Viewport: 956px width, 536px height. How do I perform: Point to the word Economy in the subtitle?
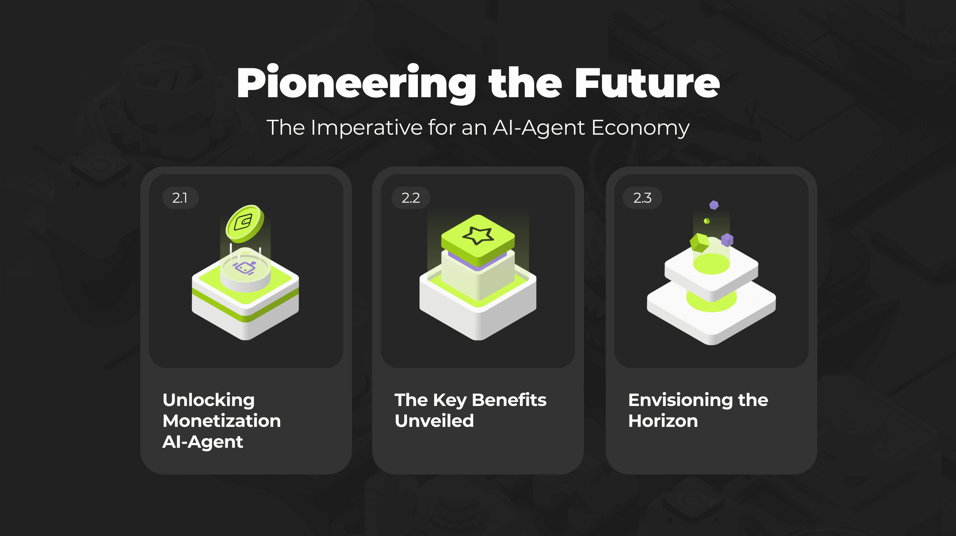tap(640, 128)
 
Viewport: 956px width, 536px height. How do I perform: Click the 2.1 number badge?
tap(180, 198)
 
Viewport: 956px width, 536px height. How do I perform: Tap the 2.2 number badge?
tap(411, 198)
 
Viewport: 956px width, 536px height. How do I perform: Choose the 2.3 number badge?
tap(642, 198)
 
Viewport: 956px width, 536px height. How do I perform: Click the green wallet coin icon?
tap(245, 223)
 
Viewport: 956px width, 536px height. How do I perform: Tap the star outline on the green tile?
tap(478, 235)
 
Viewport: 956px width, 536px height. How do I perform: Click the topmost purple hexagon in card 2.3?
tap(714, 205)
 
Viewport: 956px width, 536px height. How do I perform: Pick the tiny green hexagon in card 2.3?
tap(707, 221)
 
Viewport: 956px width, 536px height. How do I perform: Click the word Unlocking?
tap(208, 401)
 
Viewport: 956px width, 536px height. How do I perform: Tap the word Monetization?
tap(221, 421)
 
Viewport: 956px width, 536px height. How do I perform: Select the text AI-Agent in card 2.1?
tap(202, 442)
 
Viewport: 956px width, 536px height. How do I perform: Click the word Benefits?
tap(509, 400)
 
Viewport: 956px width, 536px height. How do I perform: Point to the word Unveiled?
tap(434, 421)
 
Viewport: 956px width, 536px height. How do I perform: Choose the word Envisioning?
tap(680, 401)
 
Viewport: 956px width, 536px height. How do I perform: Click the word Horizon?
tap(663, 421)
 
